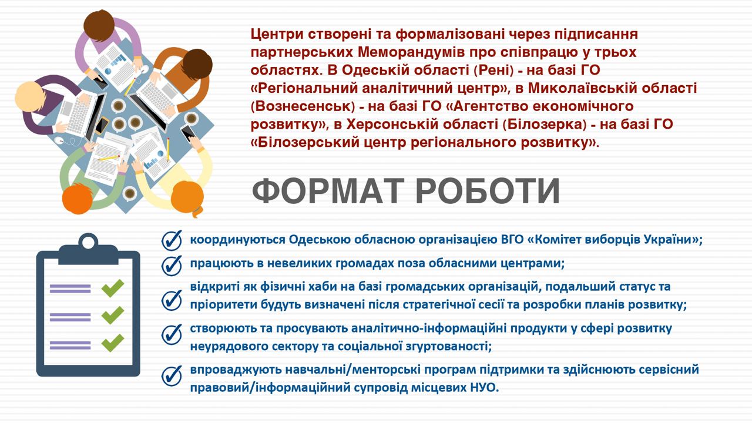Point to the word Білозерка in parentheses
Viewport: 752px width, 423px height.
pos(546,125)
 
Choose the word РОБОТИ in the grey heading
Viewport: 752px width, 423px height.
pos(488,191)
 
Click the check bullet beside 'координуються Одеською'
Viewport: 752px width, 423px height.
pos(172,240)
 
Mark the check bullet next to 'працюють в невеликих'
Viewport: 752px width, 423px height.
pos(172,265)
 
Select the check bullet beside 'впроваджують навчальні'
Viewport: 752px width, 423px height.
pos(172,375)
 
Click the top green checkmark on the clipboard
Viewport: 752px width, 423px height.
pos(112,288)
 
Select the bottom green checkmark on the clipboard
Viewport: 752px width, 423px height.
pos(112,343)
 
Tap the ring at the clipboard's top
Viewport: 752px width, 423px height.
pos(88,241)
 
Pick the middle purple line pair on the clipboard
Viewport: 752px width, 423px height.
pos(70,317)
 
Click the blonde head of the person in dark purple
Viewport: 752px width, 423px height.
pos(29,97)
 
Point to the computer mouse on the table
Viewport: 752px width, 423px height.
pos(59,140)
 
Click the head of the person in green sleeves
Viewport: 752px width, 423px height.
pos(78,199)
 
